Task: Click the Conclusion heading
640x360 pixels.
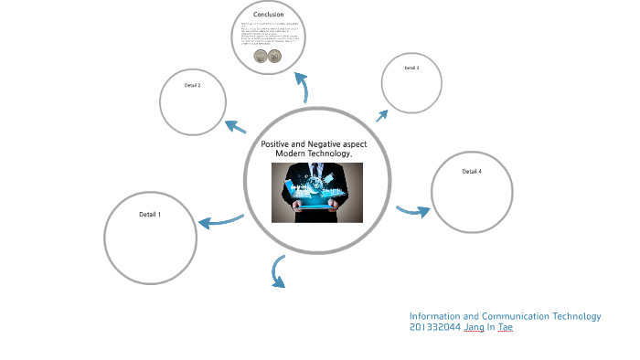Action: click(x=269, y=15)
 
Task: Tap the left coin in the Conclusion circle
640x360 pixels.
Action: click(x=261, y=57)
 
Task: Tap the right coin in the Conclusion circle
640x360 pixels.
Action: click(x=274, y=57)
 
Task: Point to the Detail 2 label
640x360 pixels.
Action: click(x=192, y=85)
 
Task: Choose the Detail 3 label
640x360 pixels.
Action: click(x=411, y=69)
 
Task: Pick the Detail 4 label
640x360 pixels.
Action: click(x=472, y=172)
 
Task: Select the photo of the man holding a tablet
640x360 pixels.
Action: click(x=317, y=192)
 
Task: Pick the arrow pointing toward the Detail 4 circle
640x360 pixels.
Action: click(x=413, y=211)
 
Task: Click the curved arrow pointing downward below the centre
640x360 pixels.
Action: click(x=277, y=272)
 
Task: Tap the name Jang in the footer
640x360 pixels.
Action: click(x=475, y=328)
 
